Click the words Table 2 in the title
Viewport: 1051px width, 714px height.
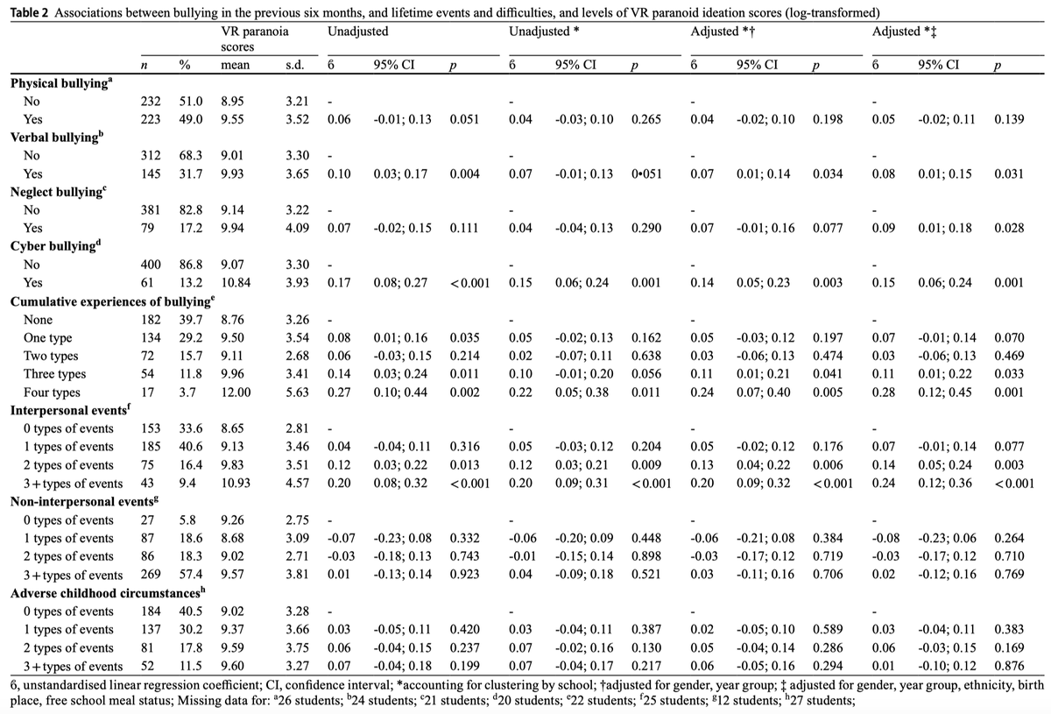(x=26, y=11)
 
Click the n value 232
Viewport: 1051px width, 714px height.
(x=150, y=101)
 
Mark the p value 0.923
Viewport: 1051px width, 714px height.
(x=464, y=576)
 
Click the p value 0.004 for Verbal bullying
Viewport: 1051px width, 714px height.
(x=464, y=173)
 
